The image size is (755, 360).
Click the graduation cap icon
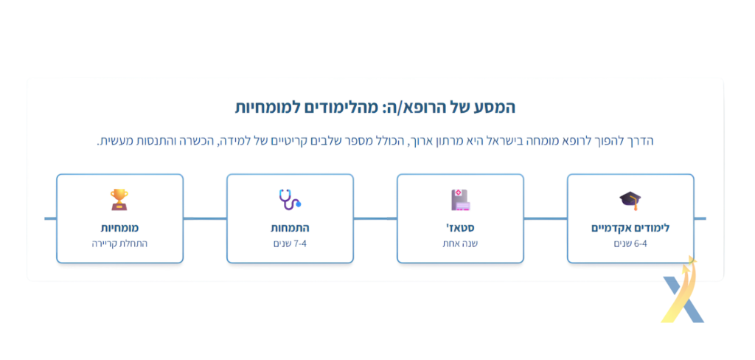[630, 200]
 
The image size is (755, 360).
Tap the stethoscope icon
[290, 199]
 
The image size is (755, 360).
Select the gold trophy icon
[119, 199]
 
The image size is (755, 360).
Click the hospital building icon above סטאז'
[460, 199]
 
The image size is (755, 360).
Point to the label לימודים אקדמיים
[630, 228]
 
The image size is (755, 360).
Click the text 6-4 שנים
[630, 243]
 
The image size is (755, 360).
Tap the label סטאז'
[460, 227]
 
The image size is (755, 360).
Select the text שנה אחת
[460, 243]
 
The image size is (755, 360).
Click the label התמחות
[290, 228]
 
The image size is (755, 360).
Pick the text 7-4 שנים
[290, 243]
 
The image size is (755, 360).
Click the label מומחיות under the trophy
[119, 228]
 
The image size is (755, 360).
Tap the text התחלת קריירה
[119, 243]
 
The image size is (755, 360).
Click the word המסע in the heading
[495, 107]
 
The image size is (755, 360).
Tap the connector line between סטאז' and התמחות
[375, 218]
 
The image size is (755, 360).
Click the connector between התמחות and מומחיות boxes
[205, 218]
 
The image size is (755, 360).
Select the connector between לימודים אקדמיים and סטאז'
[546, 218]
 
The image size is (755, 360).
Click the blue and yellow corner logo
[683, 290]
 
